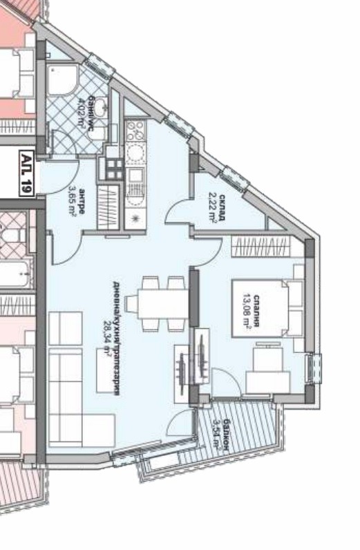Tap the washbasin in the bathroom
[x=100, y=108]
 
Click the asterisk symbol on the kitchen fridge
[x=135, y=218]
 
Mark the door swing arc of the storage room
[x=181, y=209]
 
